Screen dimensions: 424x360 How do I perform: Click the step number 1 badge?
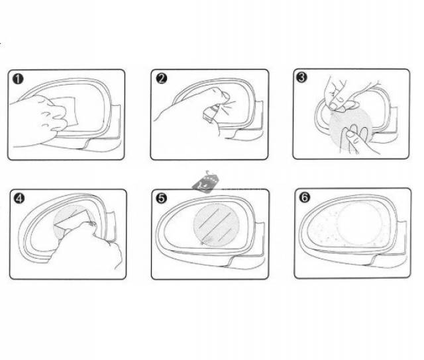[x=18, y=79]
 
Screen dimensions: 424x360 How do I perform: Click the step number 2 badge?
[x=162, y=78]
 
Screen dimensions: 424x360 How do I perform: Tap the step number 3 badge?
[x=301, y=77]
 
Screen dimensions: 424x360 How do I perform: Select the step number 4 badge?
[x=19, y=199]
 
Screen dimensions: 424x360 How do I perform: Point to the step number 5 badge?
[x=162, y=198]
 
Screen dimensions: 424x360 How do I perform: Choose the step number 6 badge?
[x=305, y=197]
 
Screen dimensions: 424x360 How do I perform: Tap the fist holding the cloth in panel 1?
[x=38, y=119]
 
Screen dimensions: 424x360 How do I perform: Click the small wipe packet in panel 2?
[x=210, y=113]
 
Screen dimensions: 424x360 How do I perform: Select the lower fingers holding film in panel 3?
[x=357, y=139]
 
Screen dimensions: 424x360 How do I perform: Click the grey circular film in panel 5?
[x=217, y=225]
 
